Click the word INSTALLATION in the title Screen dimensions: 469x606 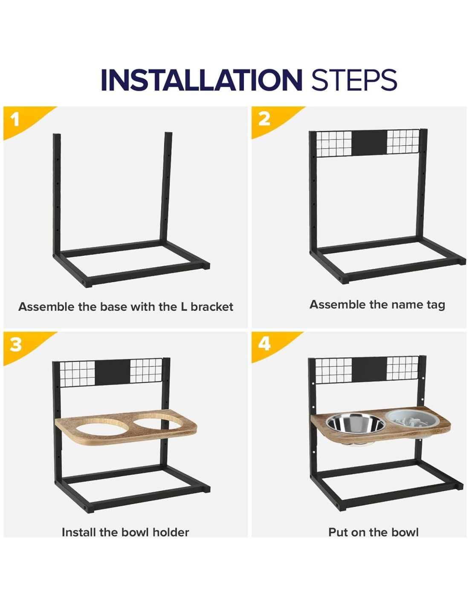[201, 80]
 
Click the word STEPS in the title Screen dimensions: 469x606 [354, 80]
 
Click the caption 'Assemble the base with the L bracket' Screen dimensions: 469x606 [125, 307]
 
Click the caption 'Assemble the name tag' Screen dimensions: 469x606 [377, 305]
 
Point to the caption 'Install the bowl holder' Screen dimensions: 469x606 [125, 532]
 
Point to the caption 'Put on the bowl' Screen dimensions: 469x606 [373, 532]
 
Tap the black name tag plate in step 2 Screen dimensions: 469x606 [369, 143]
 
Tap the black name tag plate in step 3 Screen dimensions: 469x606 [113, 372]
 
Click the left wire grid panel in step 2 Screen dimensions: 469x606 [334, 144]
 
